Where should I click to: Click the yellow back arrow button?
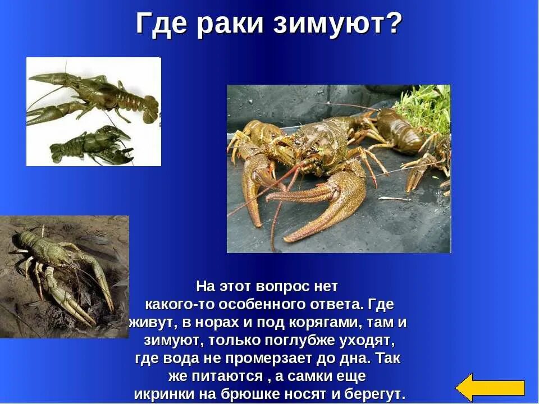tap(490, 387)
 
